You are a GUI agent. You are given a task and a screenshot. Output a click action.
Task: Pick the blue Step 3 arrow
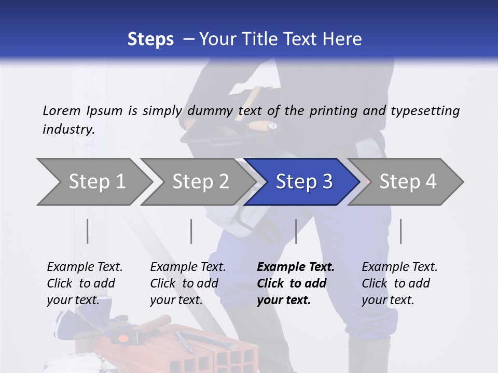point(304,182)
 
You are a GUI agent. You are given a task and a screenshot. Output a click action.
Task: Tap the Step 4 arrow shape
point(408,182)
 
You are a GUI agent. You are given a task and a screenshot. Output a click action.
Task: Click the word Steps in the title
point(150,39)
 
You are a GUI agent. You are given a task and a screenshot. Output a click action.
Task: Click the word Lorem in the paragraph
point(62,110)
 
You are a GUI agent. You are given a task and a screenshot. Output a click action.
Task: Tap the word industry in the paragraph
point(68,130)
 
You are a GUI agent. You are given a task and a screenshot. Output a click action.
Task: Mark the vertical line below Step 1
point(88,231)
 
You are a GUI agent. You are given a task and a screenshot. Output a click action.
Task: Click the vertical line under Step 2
point(191,231)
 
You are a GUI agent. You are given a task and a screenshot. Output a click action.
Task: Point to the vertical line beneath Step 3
point(296,231)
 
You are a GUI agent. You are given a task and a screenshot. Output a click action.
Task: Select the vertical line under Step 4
point(401,231)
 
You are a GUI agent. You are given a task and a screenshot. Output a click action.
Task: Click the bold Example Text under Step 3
point(296,267)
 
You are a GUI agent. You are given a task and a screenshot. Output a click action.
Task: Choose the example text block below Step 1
point(85,283)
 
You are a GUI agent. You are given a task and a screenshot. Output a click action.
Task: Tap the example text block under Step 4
point(399,283)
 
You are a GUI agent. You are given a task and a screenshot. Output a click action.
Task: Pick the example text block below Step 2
point(188,283)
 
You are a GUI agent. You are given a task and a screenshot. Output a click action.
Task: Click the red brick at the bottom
point(218,352)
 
